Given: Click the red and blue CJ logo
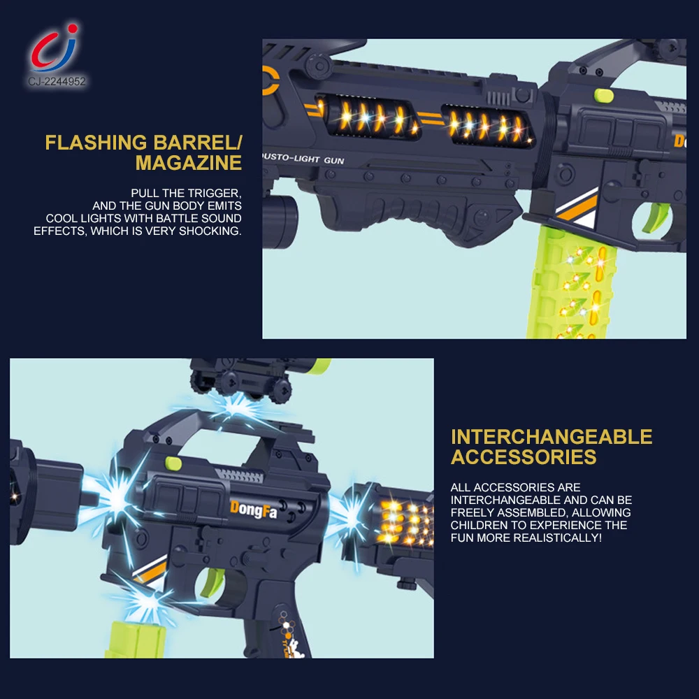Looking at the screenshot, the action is point(55,48).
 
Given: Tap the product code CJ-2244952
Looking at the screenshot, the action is point(57,82).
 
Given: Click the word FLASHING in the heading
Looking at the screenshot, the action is point(96,143).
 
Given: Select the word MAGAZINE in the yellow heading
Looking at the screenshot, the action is point(189,163).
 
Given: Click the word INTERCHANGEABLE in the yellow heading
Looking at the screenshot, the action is point(552,437).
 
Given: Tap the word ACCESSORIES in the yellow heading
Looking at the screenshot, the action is point(524,457).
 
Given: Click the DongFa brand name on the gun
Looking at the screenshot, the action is point(253,510).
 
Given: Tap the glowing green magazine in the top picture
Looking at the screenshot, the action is point(572,282).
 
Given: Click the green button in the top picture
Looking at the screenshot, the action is point(604,95).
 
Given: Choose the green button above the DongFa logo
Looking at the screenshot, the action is point(173,463).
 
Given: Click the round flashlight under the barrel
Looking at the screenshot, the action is point(280,222).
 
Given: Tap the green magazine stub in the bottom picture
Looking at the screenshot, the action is point(136,640).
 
